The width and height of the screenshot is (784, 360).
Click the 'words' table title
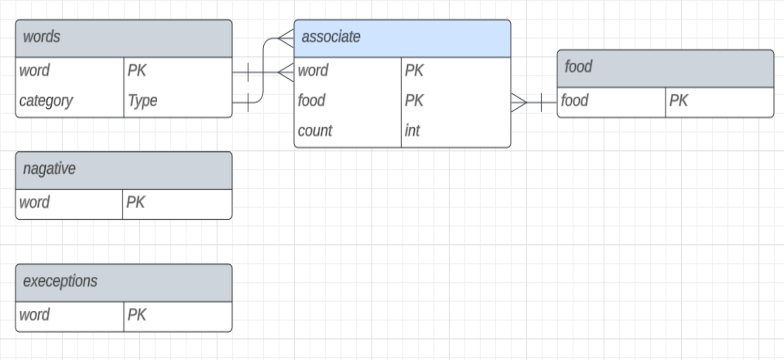pyautogui.click(x=41, y=37)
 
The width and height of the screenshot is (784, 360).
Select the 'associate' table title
pyautogui.click(x=331, y=37)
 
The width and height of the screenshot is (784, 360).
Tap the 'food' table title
pyautogui.click(x=578, y=67)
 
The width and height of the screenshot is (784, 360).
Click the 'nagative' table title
pyautogui.click(x=49, y=169)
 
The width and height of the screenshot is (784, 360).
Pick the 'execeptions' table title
pyautogui.click(x=60, y=281)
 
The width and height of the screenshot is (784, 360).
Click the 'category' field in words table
pyautogui.click(x=46, y=101)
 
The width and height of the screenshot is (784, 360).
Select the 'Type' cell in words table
pyautogui.click(x=143, y=101)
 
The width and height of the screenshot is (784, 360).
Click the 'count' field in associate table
pyautogui.click(x=315, y=131)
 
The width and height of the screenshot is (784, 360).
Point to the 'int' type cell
pyautogui.click(x=412, y=131)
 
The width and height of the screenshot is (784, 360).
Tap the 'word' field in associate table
pyautogui.click(x=313, y=71)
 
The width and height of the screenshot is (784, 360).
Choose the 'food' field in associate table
pyautogui.click(x=311, y=101)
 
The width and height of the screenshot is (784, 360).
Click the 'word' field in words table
pyautogui.click(x=34, y=71)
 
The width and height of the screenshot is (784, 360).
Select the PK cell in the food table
pyautogui.click(x=678, y=101)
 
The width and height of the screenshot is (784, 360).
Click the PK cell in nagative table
pyautogui.click(x=136, y=202)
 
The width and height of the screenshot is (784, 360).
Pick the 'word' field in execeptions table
pyautogui.click(x=34, y=315)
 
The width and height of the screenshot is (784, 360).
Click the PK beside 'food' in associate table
pyautogui.click(x=414, y=101)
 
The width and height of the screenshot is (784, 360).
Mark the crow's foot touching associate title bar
pyautogui.click(x=286, y=38)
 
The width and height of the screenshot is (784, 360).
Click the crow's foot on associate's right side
pyautogui.click(x=519, y=102)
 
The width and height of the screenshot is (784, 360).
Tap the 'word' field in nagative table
pyautogui.click(x=34, y=202)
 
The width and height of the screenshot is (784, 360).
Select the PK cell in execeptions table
pyautogui.click(x=137, y=315)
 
